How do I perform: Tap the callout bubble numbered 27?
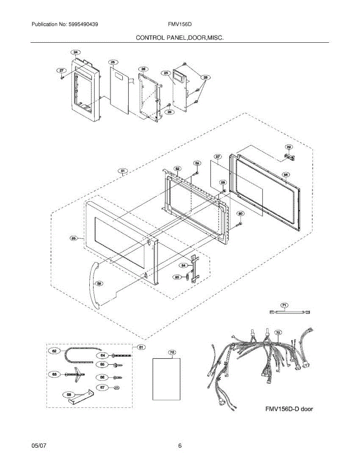click(61, 70)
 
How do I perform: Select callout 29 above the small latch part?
click(289, 147)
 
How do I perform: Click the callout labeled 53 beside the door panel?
click(73, 238)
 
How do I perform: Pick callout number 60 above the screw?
click(240, 214)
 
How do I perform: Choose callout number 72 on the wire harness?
click(278, 333)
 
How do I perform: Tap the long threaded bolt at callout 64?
click(120, 355)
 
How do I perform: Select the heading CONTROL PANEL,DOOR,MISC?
click(179, 38)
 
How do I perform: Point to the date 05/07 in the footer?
click(39, 446)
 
